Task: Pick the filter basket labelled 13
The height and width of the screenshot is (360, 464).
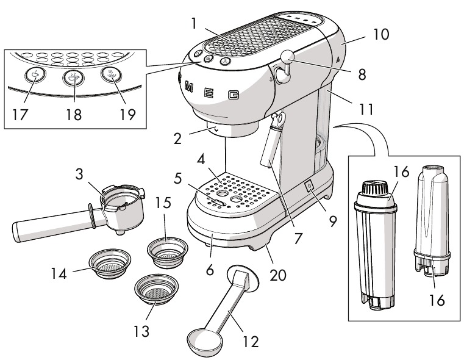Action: pyautogui.click(x=156, y=286)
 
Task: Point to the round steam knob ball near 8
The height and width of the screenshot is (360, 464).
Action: pyautogui.click(x=287, y=58)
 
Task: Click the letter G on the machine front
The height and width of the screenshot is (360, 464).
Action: pyautogui.click(x=233, y=95)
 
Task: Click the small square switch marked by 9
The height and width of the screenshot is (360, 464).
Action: pyautogui.click(x=309, y=185)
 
